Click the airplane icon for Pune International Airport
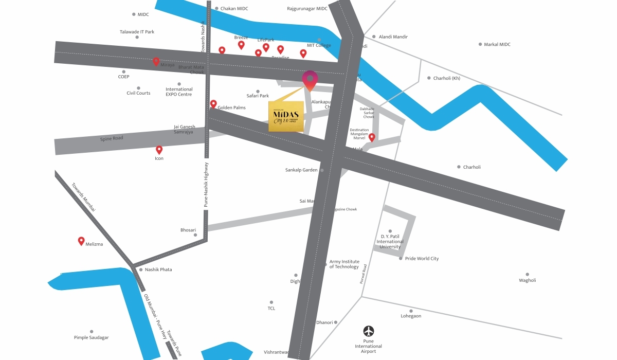(369, 331)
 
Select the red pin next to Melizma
(81, 241)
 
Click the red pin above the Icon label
(159, 150)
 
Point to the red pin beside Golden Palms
(213, 104)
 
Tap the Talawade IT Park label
(137, 32)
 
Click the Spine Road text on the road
(112, 139)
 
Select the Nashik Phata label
(158, 269)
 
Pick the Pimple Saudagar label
(92, 337)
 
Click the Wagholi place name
(528, 280)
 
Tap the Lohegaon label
(411, 316)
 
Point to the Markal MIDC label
(497, 45)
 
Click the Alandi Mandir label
(393, 37)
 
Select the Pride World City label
(422, 259)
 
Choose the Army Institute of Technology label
(344, 264)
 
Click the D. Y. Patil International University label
(390, 242)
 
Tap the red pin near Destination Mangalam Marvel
(372, 137)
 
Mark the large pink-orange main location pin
(310, 80)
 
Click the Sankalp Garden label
(302, 170)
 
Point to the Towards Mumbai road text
(84, 197)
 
